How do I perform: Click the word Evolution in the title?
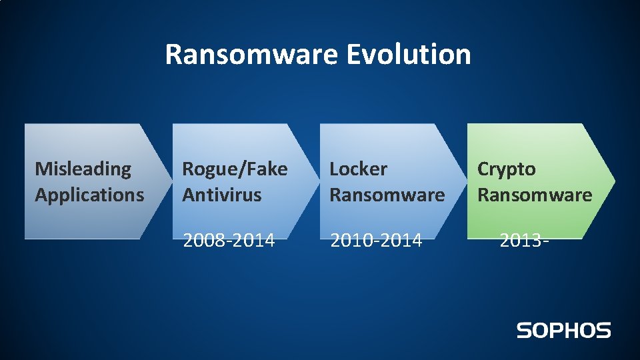tap(408, 54)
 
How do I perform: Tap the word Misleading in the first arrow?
tap(83, 169)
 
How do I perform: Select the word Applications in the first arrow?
tap(89, 195)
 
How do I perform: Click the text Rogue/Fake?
tap(235, 169)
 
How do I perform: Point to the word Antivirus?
tap(222, 195)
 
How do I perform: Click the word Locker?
tap(359, 169)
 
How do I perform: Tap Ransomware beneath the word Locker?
tap(387, 195)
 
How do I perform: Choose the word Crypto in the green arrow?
tap(507, 169)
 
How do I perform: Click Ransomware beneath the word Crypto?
tap(535, 195)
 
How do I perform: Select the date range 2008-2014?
tap(229, 240)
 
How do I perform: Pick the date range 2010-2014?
tap(376, 240)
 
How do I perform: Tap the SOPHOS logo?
tap(563, 330)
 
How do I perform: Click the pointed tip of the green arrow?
tap(613, 181)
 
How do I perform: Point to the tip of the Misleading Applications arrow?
tap(171, 181)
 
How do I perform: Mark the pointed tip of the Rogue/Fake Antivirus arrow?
tap(318, 181)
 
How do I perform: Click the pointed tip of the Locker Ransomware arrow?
tap(465, 181)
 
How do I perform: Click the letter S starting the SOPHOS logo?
tap(524, 330)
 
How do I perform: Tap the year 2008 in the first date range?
tap(203, 240)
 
